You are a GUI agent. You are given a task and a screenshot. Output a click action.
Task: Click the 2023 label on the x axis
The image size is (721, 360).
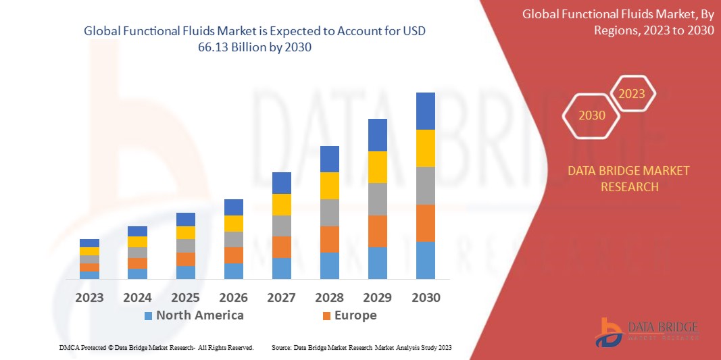(89, 298)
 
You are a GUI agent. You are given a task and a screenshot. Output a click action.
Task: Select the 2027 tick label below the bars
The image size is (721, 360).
(281, 298)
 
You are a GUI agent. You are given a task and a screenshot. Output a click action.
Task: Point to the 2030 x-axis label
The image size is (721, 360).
(425, 298)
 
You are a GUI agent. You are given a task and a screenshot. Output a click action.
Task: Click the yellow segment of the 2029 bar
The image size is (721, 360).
(377, 167)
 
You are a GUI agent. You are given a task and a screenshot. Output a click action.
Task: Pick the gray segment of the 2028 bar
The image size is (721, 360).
(329, 212)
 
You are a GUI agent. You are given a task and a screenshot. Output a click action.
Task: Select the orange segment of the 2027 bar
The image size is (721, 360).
(281, 247)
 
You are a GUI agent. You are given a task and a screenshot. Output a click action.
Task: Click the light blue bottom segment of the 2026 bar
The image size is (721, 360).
(233, 271)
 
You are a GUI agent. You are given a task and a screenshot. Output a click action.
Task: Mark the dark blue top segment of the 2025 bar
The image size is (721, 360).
(185, 219)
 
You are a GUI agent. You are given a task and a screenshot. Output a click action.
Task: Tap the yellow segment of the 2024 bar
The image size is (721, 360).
(137, 242)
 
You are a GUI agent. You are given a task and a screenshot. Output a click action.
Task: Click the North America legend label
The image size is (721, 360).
(199, 315)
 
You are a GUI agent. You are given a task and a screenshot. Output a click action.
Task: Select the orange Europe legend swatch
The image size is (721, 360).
(327, 315)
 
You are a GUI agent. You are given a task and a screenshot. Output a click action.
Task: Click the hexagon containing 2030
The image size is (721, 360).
(592, 115)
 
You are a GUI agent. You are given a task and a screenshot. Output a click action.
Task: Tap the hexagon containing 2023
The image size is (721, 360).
(632, 94)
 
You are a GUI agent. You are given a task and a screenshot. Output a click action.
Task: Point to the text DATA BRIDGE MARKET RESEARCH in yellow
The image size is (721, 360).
(629, 178)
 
